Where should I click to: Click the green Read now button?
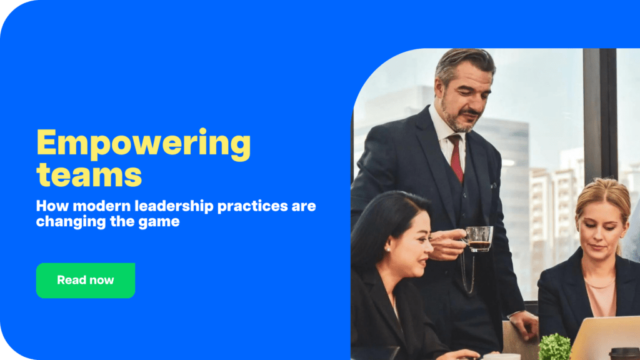click(86, 280)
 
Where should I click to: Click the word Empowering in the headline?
click(143, 143)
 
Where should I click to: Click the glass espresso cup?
click(479, 239)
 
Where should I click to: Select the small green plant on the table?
click(554, 346)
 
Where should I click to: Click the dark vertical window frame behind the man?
click(599, 112)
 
